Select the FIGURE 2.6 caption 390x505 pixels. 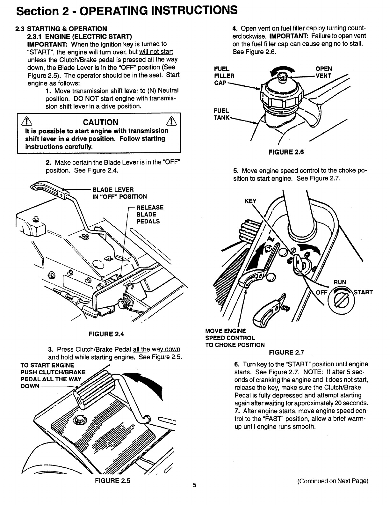(286, 152)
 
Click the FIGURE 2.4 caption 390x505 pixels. (106, 334)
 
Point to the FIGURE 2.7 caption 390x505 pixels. (287, 352)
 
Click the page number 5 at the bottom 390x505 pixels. (195, 486)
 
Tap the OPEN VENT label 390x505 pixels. (323, 72)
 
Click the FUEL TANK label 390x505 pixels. (221, 114)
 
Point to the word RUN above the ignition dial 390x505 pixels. (340, 282)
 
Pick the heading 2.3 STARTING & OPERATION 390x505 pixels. (61, 29)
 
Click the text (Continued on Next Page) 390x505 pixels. (333, 481)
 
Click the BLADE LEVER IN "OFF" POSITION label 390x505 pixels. (119, 193)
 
